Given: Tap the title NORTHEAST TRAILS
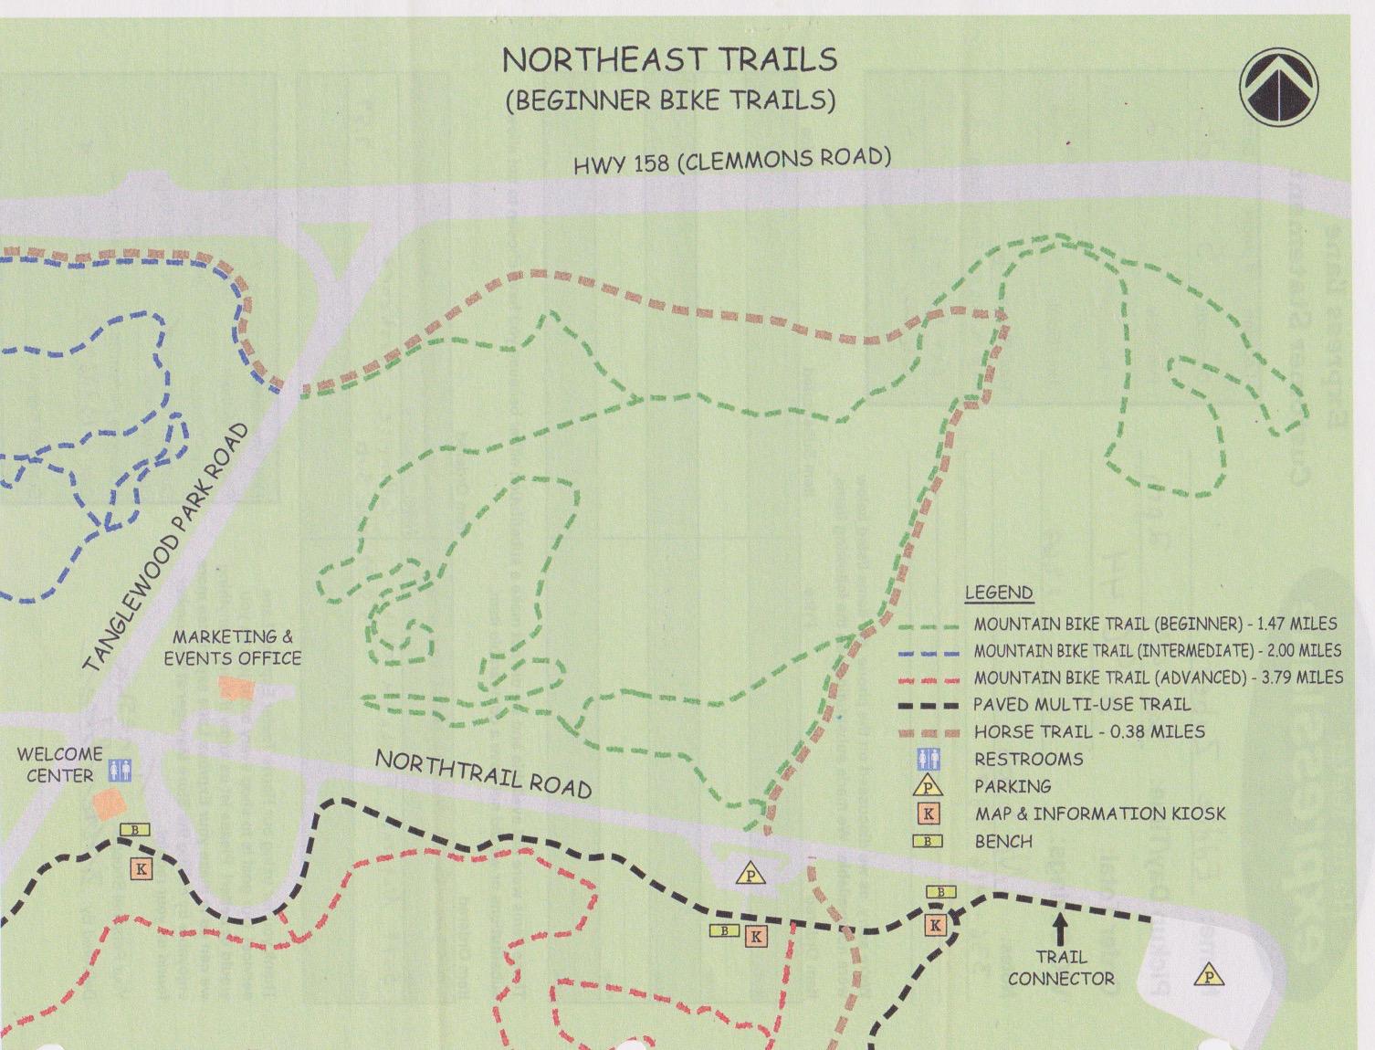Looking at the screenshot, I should [669, 59].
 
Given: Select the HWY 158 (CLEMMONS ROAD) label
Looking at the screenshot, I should [731, 161].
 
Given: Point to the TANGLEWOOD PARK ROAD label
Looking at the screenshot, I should [167, 549].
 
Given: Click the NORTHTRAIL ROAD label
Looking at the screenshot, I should [483, 773].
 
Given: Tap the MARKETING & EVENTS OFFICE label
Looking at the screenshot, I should [233, 647].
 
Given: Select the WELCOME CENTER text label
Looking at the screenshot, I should [59, 765].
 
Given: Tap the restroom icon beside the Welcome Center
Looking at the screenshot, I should [120, 769].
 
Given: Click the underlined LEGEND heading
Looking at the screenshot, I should [999, 593].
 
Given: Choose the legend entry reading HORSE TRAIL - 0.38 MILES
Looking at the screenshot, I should [1088, 732].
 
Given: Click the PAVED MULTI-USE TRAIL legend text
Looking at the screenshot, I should [1081, 705].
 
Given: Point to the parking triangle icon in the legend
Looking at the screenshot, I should [928, 786].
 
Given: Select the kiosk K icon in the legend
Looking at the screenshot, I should [928, 814].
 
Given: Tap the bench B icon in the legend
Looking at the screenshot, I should [928, 841].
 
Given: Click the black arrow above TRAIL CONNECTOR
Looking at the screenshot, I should [1060, 929].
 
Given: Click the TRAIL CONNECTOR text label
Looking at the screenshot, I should [1061, 968].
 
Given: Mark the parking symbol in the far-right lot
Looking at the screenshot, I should [1208, 975].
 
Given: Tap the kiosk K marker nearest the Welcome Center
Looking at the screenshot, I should [141, 869].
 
